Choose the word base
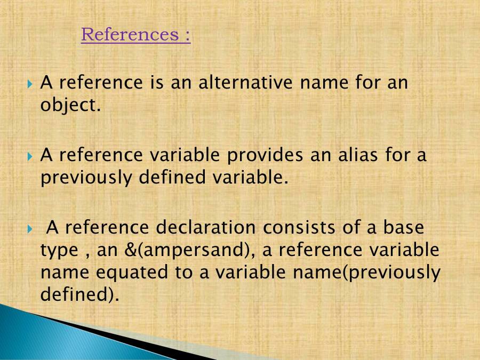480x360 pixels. coord(403,228)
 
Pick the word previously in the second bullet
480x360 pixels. coord(85,178)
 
